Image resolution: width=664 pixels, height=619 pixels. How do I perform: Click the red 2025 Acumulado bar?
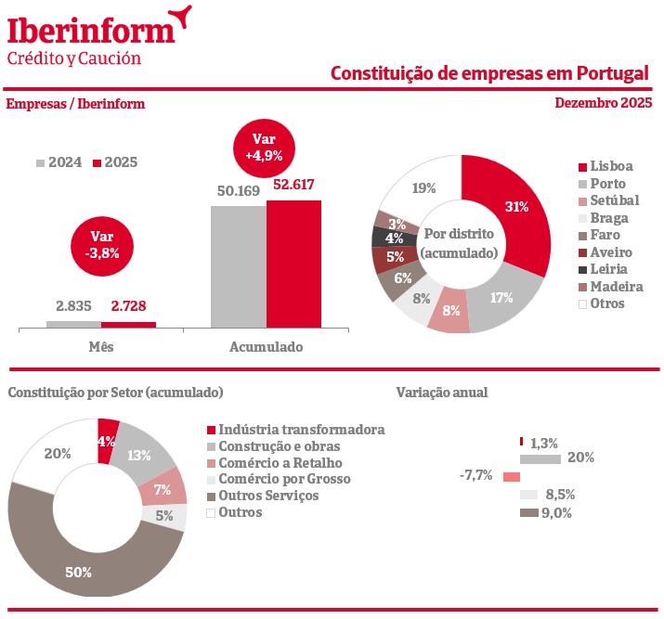(294, 264)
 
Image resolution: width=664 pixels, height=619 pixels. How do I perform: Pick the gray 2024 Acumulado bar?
(239, 266)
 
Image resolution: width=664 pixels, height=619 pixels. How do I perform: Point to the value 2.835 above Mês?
(74, 305)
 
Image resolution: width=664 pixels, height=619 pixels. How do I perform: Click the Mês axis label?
(100, 347)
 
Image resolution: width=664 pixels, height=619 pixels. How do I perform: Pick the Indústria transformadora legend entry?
(294, 430)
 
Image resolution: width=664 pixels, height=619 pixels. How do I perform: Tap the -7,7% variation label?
(475, 475)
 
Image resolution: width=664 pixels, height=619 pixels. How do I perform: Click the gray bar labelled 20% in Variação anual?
(540, 458)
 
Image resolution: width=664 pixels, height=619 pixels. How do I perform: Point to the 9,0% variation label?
(557, 512)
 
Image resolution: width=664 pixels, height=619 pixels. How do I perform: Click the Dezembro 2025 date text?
(604, 103)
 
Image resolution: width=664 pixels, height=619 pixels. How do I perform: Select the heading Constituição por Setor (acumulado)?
(116, 393)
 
